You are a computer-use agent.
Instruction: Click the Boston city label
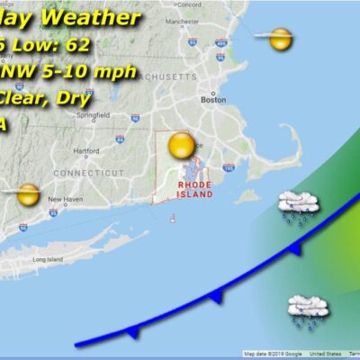[x=213, y=101]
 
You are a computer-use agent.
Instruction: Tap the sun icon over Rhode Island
[x=181, y=145]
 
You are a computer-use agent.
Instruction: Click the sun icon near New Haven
[x=27, y=193]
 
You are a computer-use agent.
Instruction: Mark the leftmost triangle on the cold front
[x=134, y=332]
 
